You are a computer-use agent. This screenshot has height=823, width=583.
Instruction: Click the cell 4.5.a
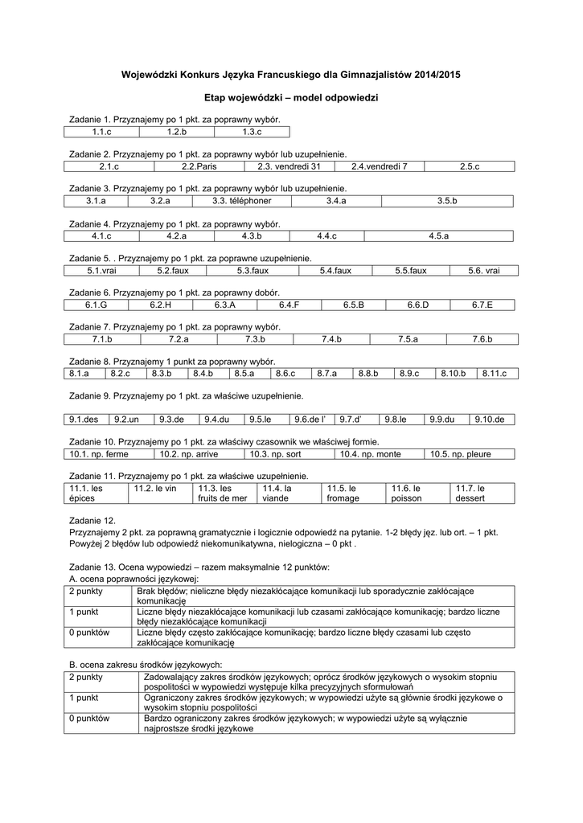[x=438, y=235]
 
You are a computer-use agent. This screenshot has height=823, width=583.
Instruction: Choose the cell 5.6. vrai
[x=483, y=271]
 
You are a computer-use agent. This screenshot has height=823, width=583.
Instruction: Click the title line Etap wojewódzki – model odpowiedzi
[x=291, y=97]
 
